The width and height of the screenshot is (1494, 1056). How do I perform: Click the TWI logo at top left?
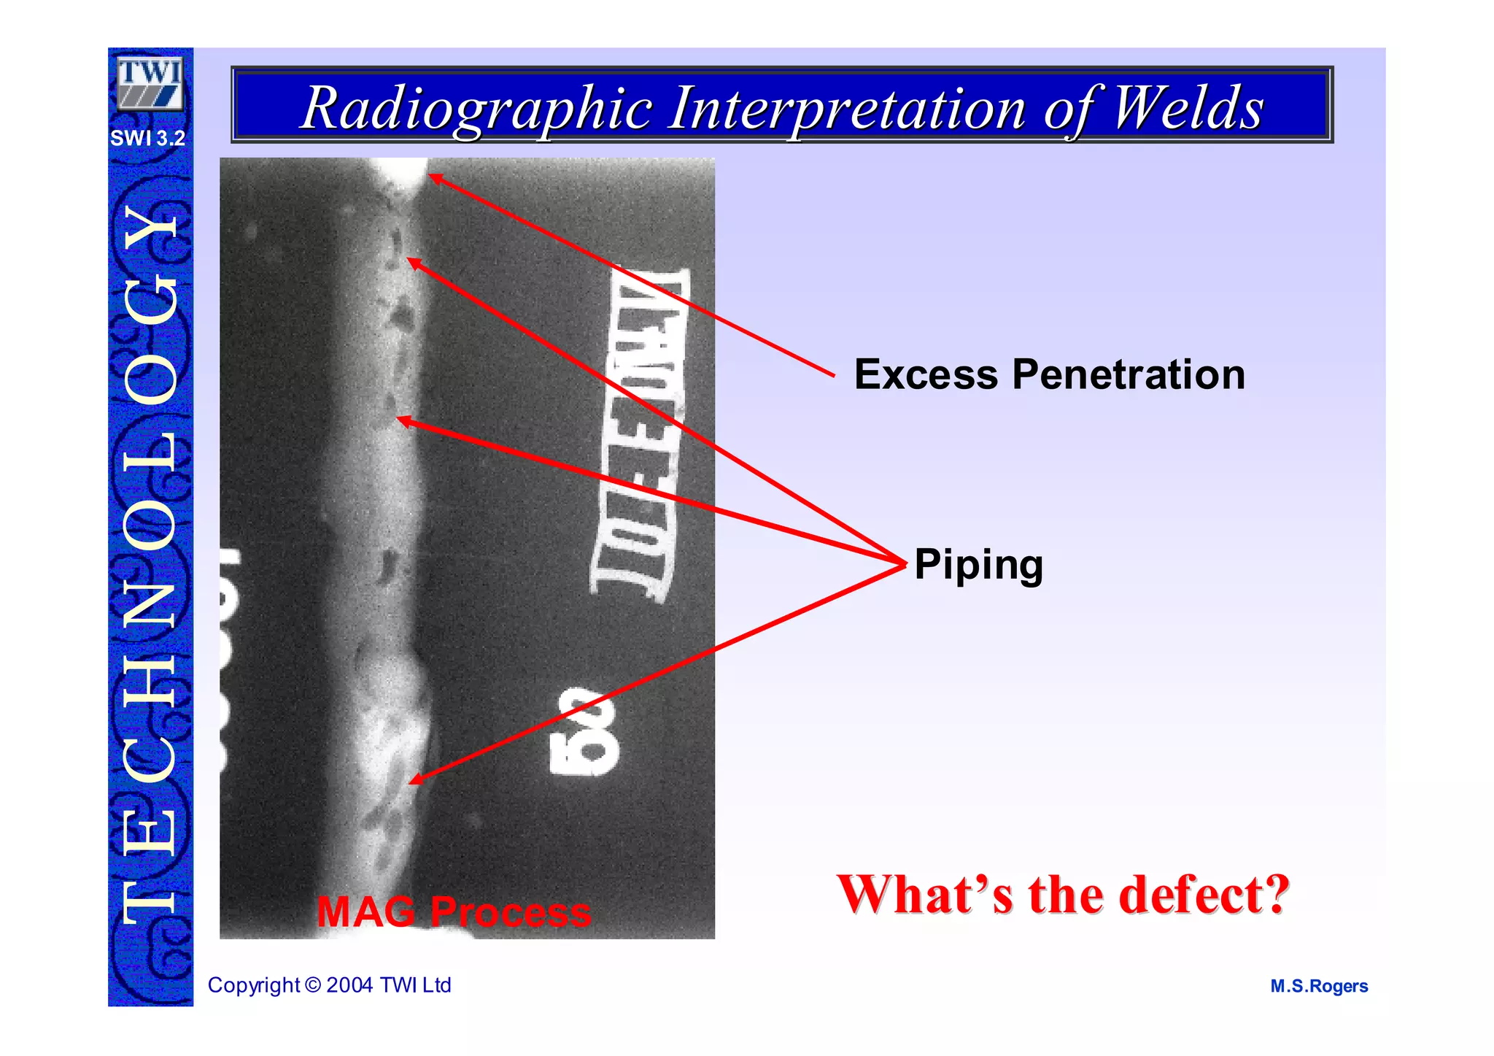pos(150,83)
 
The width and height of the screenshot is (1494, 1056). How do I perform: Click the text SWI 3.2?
pos(148,138)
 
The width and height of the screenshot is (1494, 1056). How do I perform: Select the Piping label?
pos(978,566)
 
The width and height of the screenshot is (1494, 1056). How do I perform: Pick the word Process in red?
pos(510,912)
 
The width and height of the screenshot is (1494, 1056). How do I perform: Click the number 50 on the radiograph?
pos(584,731)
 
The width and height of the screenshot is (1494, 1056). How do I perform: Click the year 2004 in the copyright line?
pos(351,985)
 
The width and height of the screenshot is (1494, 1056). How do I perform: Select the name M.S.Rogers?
pos(1318,987)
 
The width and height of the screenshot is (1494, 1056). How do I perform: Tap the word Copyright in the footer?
pos(254,985)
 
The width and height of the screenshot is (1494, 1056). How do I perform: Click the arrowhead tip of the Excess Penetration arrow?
pos(430,174)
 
